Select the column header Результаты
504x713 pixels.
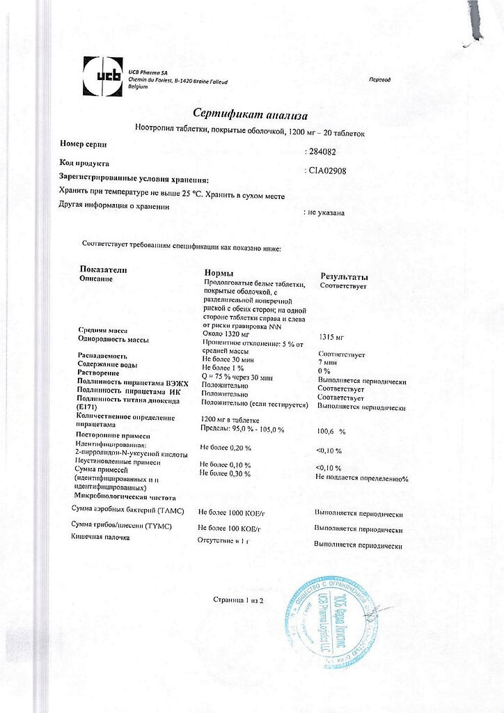344,276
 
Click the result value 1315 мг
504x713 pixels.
331,336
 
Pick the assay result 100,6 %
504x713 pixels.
331,432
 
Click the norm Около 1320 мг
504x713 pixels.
226,334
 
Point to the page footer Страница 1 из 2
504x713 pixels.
239,600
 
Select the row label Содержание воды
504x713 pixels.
107,364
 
